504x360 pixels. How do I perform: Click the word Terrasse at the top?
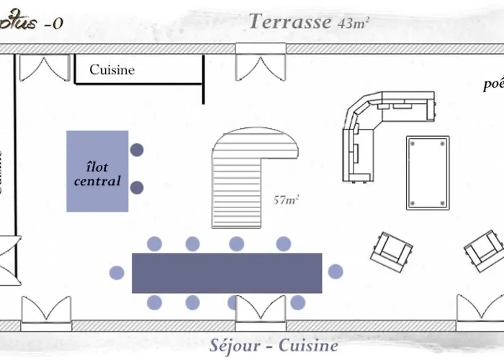[x=289, y=21]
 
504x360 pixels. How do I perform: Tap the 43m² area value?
[x=354, y=22]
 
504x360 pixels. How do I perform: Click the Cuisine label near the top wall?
[x=112, y=70]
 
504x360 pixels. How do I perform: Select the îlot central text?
[x=97, y=174]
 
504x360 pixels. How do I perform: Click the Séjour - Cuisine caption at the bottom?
[x=274, y=345]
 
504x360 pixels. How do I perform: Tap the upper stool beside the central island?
[x=137, y=150]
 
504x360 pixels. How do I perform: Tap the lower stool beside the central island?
[x=137, y=188]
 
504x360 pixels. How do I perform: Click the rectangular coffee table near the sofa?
[x=428, y=173]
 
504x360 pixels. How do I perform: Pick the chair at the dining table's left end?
[x=117, y=272]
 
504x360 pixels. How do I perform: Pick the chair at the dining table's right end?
[x=336, y=271]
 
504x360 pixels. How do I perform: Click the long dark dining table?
[x=227, y=273]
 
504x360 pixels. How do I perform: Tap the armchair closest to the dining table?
[x=392, y=249]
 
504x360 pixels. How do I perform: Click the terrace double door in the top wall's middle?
[x=261, y=63]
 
